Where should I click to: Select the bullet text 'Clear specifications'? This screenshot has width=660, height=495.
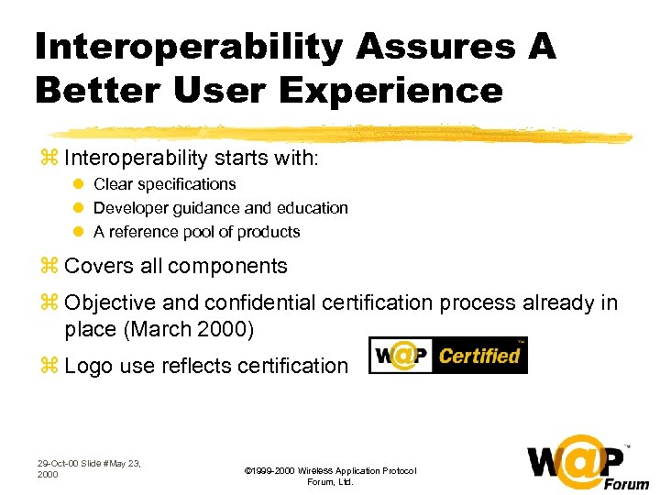pyautogui.click(x=165, y=184)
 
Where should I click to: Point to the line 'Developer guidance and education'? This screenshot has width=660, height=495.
pyautogui.click(x=221, y=208)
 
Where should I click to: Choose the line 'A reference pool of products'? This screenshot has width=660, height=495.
pyautogui.click(x=197, y=232)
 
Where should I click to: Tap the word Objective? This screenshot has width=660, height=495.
pyautogui.click(x=111, y=302)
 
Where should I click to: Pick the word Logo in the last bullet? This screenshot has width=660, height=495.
pyautogui.click(x=88, y=366)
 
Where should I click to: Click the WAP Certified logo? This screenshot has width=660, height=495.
pyautogui.click(x=447, y=356)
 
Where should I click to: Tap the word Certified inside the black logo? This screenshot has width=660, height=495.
pyautogui.click(x=478, y=356)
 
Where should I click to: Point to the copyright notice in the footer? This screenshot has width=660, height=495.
pyautogui.click(x=330, y=476)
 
